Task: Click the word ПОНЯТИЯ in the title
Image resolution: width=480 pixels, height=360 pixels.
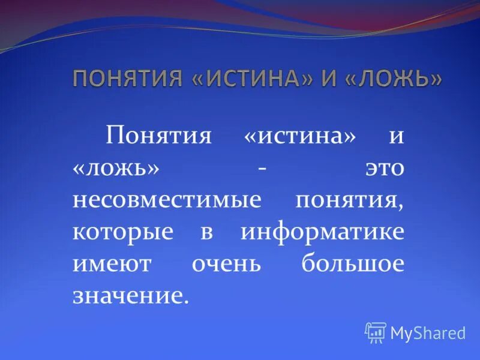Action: click(127, 79)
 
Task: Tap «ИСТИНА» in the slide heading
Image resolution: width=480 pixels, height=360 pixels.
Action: click(251, 79)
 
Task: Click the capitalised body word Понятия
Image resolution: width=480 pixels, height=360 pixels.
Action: click(159, 136)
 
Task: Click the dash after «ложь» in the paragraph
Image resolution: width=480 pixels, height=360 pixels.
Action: click(262, 168)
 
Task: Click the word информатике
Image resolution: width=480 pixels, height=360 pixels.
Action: click(322, 233)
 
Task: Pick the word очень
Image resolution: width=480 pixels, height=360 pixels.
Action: click(226, 265)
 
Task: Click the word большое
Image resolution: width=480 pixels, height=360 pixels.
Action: click(353, 265)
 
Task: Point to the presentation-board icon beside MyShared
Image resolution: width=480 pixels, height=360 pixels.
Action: click(376, 332)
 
